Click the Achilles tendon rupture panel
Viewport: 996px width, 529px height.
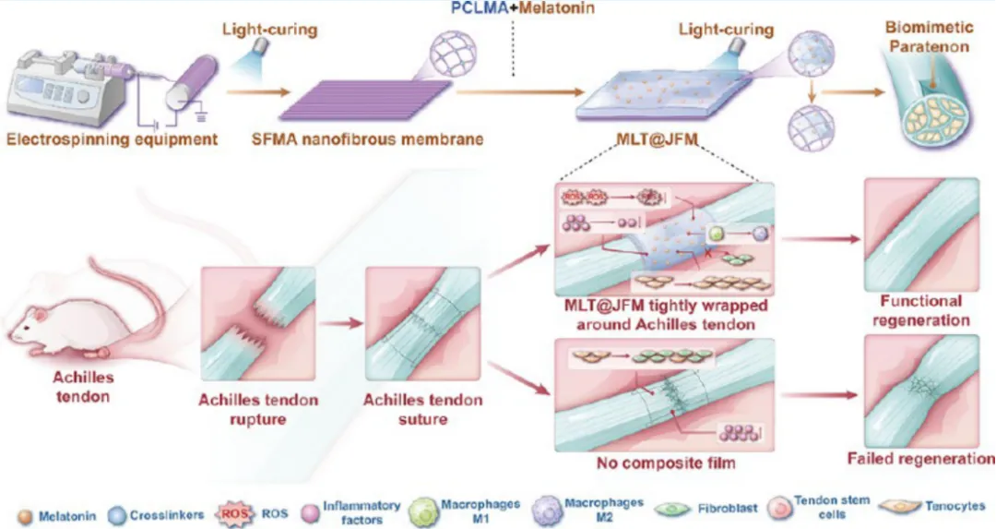point(258,324)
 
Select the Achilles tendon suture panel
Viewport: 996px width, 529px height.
point(422,324)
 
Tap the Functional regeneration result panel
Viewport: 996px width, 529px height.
point(921,234)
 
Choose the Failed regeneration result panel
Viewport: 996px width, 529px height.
point(921,391)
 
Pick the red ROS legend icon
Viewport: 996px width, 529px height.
point(233,513)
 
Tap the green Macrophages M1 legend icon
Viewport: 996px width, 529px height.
point(422,512)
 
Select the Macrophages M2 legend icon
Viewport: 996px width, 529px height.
point(547,511)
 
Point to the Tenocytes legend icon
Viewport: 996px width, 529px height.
point(899,507)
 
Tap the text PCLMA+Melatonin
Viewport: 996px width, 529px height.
point(522,7)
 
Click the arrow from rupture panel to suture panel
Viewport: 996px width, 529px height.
point(340,324)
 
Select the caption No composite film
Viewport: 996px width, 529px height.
point(666,463)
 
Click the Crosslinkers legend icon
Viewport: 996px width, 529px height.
point(117,516)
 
